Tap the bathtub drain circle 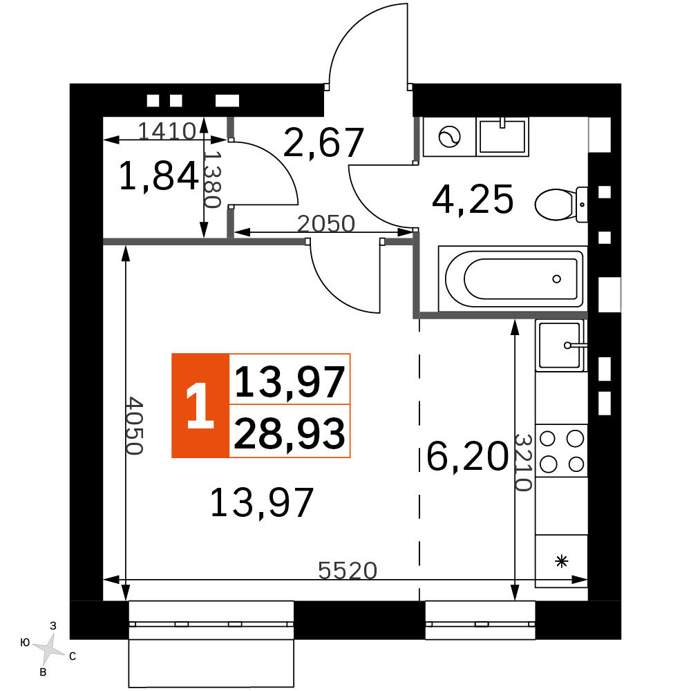556,279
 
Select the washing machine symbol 450,137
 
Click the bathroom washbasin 502,137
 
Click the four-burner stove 561,451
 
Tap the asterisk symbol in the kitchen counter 561,562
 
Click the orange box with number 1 200,406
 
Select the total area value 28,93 290,433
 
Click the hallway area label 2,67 323,142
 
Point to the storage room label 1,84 159,176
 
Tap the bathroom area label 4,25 473,200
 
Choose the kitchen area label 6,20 467,456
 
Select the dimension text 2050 326,223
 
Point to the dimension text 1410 167,131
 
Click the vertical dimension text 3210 524,463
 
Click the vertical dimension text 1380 212,180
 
